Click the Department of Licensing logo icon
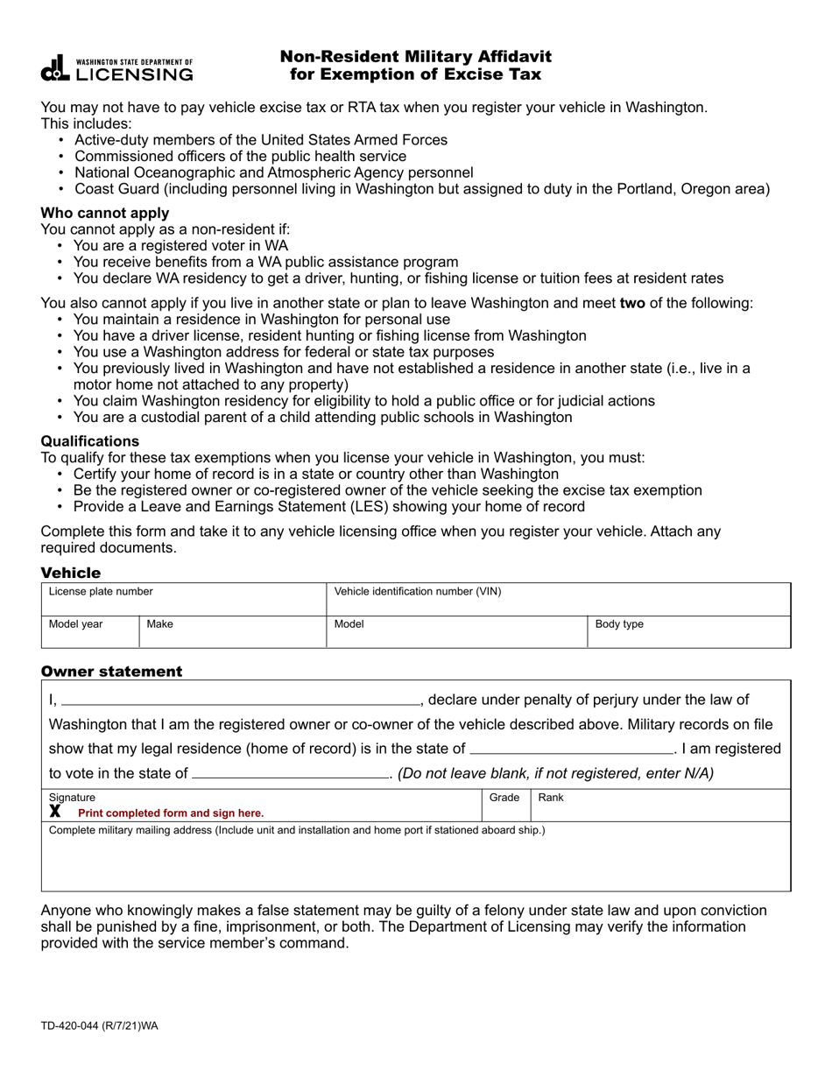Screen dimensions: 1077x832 click(54, 68)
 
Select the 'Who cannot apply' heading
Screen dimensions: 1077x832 click(105, 213)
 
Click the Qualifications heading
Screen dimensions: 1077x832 click(89, 441)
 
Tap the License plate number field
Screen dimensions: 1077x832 click(183, 600)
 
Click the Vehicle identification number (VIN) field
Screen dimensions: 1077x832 click(558, 600)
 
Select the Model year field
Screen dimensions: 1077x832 click(89, 632)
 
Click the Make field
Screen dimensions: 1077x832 click(232, 632)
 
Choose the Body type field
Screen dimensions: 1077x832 click(688, 632)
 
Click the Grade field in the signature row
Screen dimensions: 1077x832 click(505, 806)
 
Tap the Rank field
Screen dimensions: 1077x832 click(659, 806)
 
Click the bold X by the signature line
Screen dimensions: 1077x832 click(55, 812)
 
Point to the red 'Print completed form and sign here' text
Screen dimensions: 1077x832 click(171, 813)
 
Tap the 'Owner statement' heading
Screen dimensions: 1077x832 click(111, 672)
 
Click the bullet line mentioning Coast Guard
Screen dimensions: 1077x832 click(421, 189)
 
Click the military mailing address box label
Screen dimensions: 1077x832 click(297, 830)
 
